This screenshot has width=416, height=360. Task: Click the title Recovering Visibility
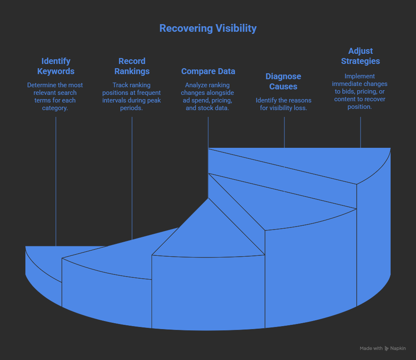pos(208,28)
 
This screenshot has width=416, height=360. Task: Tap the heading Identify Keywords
pos(55,66)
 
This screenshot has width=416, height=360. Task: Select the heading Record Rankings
pos(132,66)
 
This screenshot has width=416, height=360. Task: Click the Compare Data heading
pos(208,71)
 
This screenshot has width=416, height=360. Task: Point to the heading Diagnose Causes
pos(284,81)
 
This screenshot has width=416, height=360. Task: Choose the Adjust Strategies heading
pos(360,56)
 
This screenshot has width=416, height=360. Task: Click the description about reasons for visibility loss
pos(284,104)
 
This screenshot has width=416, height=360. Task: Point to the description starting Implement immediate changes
pos(360,91)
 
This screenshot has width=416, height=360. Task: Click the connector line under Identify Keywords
pos(56,178)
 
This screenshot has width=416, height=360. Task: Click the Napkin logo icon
pos(387,348)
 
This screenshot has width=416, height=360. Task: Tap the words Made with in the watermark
pos(371,348)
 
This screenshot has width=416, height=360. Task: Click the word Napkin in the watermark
pos(398,348)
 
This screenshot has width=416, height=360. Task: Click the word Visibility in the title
pos(235,28)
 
